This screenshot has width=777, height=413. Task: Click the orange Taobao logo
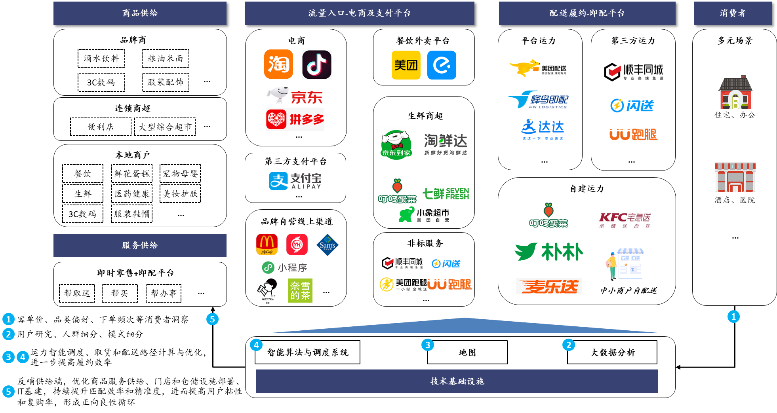pyautogui.click(x=278, y=64)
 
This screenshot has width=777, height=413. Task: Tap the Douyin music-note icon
pyautogui.click(x=316, y=64)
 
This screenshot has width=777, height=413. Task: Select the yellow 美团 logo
pyautogui.click(x=406, y=65)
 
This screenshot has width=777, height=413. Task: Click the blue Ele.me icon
pyautogui.click(x=442, y=65)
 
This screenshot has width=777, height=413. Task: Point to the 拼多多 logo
pyautogui.click(x=295, y=119)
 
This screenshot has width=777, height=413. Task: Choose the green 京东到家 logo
pyautogui.click(x=396, y=145)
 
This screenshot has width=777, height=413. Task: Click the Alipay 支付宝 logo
pyautogui.click(x=295, y=181)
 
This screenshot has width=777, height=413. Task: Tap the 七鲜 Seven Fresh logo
pyautogui.click(x=446, y=193)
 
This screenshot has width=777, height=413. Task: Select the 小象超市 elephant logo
pyautogui.click(x=424, y=214)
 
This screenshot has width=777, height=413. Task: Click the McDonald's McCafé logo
pyautogui.click(x=267, y=244)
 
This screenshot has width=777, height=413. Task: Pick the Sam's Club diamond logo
pyautogui.click(x=327, y=245)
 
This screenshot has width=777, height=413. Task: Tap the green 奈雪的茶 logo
pyautogui.click(x=300, y=290)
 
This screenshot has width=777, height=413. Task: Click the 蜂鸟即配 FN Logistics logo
pyautogui.click(x=538, y=99)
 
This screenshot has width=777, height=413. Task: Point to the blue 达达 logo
pyautogui.click(x=543, y=129)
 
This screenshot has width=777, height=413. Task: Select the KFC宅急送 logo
pyautogui.click(x=624, y=220)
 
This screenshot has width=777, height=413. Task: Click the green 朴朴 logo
pyautogui.click(x=548, y=251)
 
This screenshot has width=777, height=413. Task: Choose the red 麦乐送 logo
pyautogui.click(x=548, y=286)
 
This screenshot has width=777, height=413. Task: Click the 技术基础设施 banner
pyautogui.click(x=456, y=381)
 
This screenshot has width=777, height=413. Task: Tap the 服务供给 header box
pyautogui.click(x=140, y=245)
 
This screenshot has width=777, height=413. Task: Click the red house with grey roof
pyautogui.click(x=735, y=93)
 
